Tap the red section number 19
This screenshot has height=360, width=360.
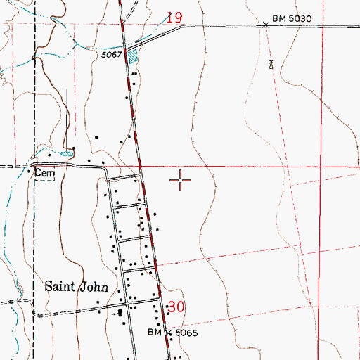click(175, 17)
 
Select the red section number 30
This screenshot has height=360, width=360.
click(176, 307)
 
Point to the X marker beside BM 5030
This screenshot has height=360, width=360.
click(266, 25)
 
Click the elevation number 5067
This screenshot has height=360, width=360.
click(113, 53)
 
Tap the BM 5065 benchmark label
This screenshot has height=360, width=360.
click(167, 330)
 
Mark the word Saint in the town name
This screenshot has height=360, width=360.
click(60, 286)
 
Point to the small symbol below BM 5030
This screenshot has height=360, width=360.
click(272, 64)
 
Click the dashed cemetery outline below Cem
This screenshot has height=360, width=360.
click(45, 179)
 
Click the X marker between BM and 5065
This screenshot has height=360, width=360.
click(165, 331)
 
